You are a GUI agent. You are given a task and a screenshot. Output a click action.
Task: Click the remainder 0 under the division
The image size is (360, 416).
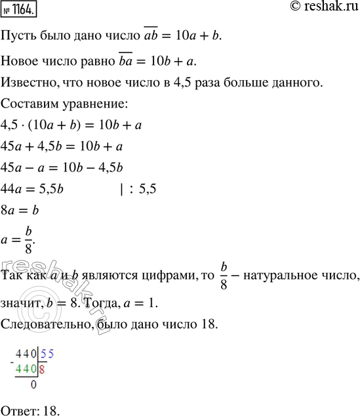(x=33, y=386)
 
